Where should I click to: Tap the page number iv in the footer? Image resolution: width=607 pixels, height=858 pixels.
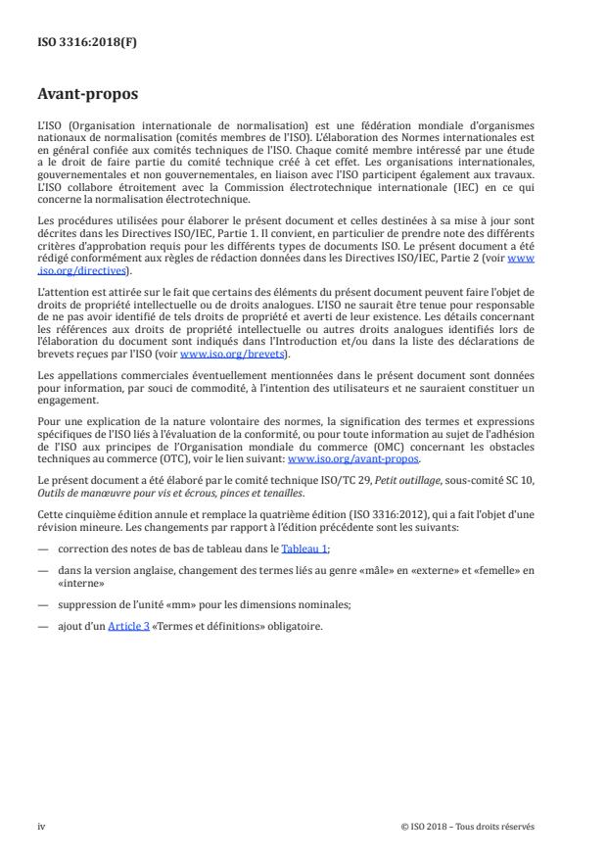pos(41,826)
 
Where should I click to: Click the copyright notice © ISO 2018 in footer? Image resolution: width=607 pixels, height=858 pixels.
pos(468,826)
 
